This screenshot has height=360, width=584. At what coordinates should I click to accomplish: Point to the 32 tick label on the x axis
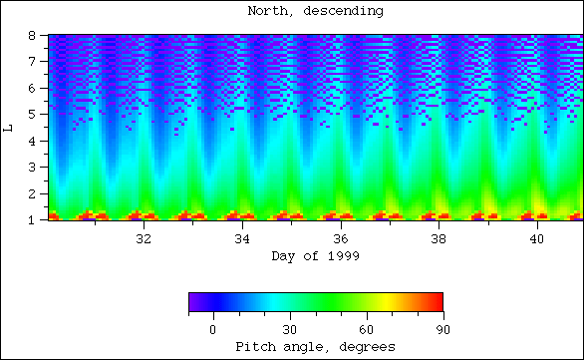tap(144, 240)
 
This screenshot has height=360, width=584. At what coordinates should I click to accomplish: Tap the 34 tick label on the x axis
tap(242, 240)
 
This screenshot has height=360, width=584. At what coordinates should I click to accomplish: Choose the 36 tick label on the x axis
tap(341, 240)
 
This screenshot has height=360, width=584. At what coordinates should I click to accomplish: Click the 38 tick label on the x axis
tap(439, 240)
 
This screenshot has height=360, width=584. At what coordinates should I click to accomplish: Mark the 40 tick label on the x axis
tap(538, 240)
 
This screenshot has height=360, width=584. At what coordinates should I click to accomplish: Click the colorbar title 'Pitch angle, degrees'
tap(315, 346)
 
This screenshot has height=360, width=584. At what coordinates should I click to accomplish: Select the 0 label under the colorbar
tap(212, 329)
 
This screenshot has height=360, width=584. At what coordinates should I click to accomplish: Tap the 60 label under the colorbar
tap(366, 329)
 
